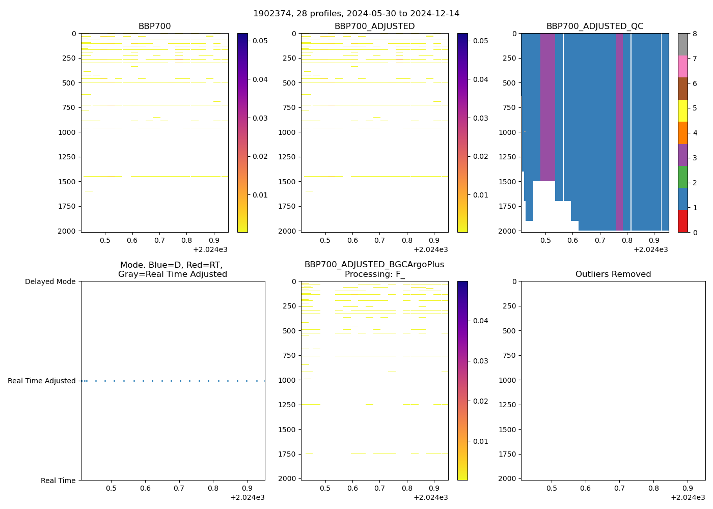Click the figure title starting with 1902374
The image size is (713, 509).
pyautogui.click(x=356, y=14)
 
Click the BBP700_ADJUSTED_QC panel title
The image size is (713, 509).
pyautogui.click(x=594, y=26)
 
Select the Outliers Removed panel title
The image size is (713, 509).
pyautogui.click(x=613, y=274)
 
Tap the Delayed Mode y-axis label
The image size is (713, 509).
pyautogui.click(x=50, y=281)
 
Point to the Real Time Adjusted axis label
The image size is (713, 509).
pyautogui.click(x=42, y=381)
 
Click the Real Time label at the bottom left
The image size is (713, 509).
pyautogui.click(x=58, y=480)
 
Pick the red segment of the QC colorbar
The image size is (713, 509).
pyautogui.click(x=682, y=221)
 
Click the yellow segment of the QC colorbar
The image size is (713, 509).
pyautogui.click(x=682, y=110)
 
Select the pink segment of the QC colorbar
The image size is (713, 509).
pyautogui.click(x=682, y=66)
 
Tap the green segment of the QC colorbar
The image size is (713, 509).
pyautogui.click(x=682, y=177)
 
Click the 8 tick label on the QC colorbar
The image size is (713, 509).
pyautogui.click(x=694, y=34)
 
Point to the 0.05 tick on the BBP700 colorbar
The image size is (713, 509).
pyautogui.click(x=260, y=41)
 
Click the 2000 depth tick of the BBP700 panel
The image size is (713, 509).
pyautogui.click(x=67, y=231)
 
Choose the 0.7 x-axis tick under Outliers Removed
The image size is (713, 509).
pyautogui.click(x=619, y=488)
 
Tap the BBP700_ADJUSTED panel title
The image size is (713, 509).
pyautogui.click(x=374, y=26)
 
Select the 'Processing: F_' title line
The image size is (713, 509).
pyautogui.click(x=374, y=274)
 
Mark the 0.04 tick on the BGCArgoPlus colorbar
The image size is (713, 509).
pyautogui.click(x=480, y=321)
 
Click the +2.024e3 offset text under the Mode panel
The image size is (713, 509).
pyautogui.click(x=247, y=497)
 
